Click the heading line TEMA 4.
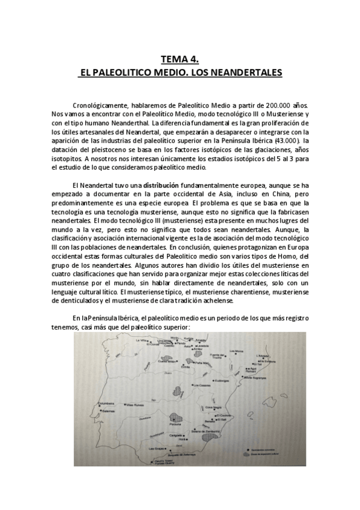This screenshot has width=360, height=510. (180, 59)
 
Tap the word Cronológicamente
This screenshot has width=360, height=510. (99, 104)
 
